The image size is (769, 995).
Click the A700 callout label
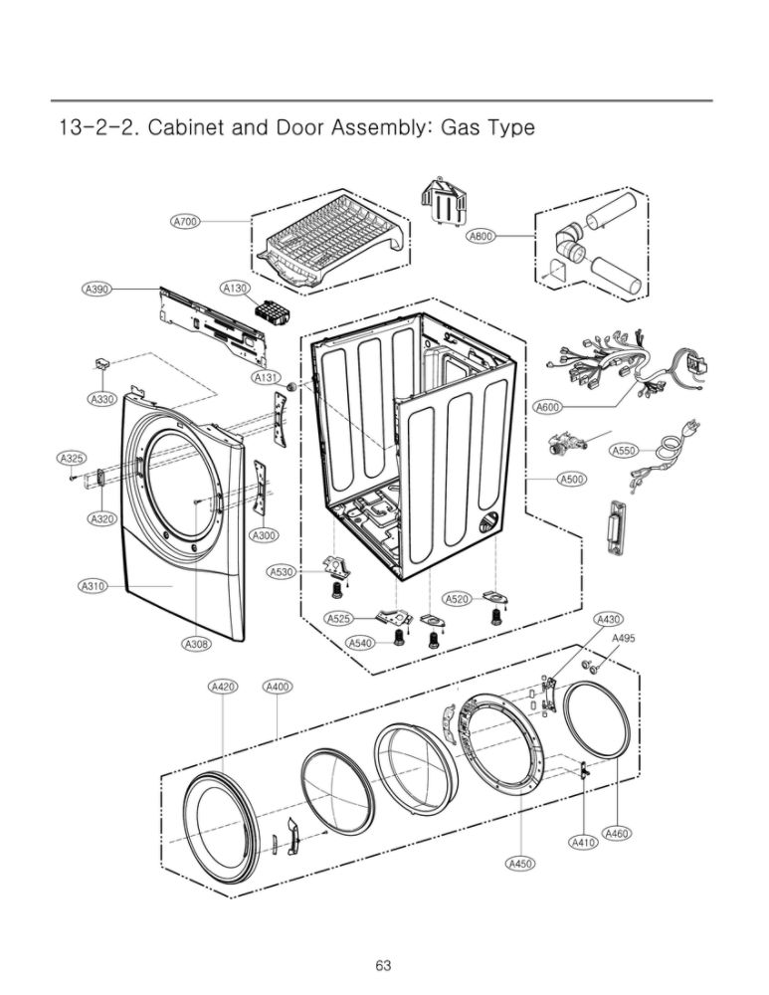tap(185, 222)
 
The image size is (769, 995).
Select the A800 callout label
tap(481, 236)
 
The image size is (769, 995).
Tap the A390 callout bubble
tap(96, 289)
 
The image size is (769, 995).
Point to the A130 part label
tap(235, 288)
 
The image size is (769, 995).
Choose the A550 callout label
tap(624, 451)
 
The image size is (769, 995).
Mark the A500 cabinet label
tap(571, 480)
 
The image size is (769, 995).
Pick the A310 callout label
tap(93, 586)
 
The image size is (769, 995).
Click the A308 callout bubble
tap(196, 645)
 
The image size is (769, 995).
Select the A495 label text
tap(624, 638)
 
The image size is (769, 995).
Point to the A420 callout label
tap(222, 687)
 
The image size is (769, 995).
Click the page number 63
tap(384, 965)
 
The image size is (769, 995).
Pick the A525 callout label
tap(340, 619)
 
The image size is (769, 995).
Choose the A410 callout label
tap(584, 843)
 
